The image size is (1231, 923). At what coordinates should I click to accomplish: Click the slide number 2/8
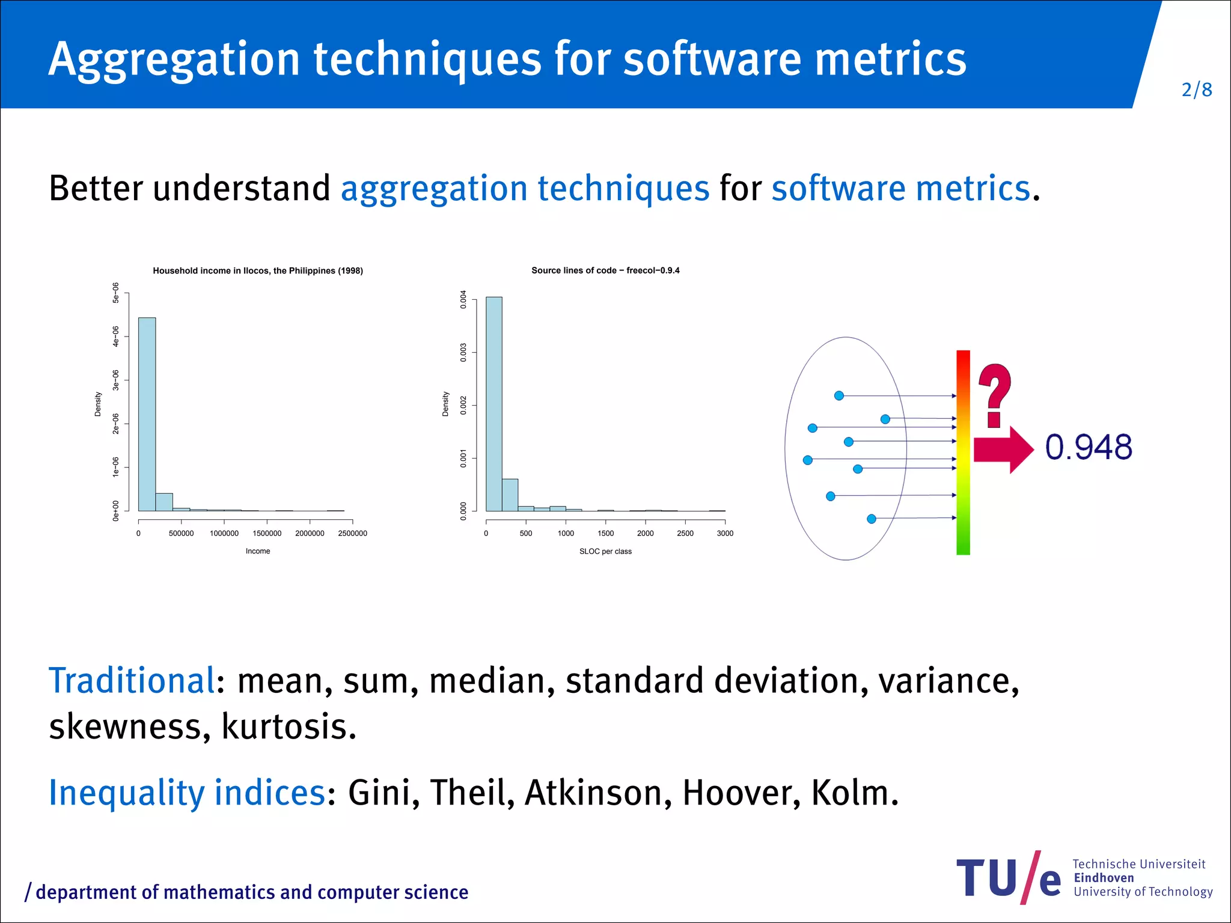[x=1196, y=90]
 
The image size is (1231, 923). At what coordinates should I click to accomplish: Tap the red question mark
[x=995, y=394]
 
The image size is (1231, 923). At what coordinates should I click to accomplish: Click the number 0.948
[x=1089, y=448]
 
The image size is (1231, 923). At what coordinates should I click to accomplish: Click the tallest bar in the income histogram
[x=147, y=415]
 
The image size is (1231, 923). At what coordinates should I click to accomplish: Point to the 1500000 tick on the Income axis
[x=267, y=533]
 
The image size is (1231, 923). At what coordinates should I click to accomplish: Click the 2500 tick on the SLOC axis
[x=685, y=533]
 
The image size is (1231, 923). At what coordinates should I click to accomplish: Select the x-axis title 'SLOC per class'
[x=605, y=551]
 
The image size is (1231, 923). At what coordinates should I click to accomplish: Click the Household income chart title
[x=258, y=271]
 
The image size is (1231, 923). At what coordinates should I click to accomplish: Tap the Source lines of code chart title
[x=605, y=270]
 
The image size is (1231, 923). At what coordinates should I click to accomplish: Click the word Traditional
[x=131, y=681]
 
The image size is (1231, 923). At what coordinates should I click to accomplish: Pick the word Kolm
[x=854, y=793]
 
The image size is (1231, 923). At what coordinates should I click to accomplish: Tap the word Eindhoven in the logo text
[x=1104, y=878]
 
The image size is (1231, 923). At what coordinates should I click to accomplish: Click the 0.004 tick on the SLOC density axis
[x=463, y=299]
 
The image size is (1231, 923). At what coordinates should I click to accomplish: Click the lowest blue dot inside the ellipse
[x=872, y=519]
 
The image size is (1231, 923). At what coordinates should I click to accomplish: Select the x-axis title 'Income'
[x=258, y=551]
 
